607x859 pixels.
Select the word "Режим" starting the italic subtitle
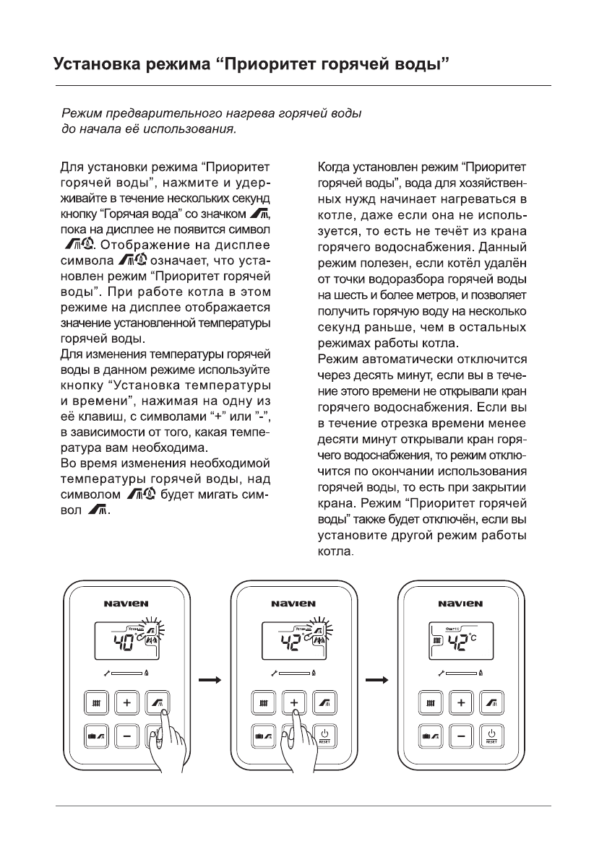tap(79, 114)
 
